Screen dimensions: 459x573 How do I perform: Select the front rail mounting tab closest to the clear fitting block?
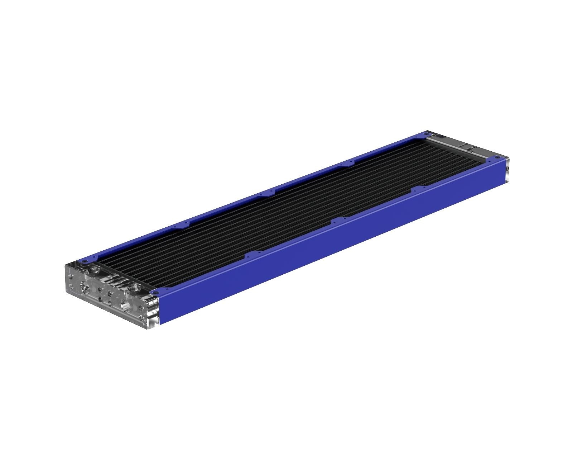pos(253,254)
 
